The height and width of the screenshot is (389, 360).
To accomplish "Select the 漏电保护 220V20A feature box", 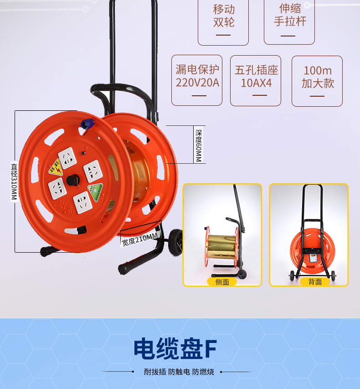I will coord(197,80).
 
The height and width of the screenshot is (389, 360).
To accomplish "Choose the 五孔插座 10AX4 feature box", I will coord(256,80).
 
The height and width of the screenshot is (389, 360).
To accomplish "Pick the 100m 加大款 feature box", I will coord(317,80).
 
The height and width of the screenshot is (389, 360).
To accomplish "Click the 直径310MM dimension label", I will coord(14,182).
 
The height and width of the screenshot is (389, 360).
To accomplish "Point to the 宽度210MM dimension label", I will coord(139,239).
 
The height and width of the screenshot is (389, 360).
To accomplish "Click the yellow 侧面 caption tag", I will coord(222,282).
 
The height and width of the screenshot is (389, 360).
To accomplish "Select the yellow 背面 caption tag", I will coord(315,282).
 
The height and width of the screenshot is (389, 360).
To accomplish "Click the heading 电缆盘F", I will coord(175,348).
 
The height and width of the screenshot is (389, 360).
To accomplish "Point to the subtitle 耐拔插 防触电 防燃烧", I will coord(179,372).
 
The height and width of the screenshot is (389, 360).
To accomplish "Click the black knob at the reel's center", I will coord(72,180).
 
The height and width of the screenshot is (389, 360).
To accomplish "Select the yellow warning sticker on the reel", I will coord(55,166).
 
